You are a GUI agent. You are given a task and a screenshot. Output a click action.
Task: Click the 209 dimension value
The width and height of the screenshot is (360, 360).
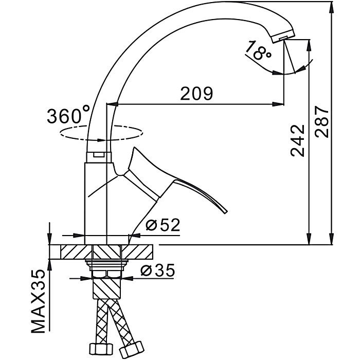coord(196,94)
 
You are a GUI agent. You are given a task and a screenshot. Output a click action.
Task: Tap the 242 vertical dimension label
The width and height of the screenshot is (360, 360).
coord(298,139)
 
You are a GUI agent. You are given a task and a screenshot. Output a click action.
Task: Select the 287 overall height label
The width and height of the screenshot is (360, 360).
coord(321,122)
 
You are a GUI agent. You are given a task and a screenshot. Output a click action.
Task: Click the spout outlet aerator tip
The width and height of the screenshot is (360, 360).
coord(283,38)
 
